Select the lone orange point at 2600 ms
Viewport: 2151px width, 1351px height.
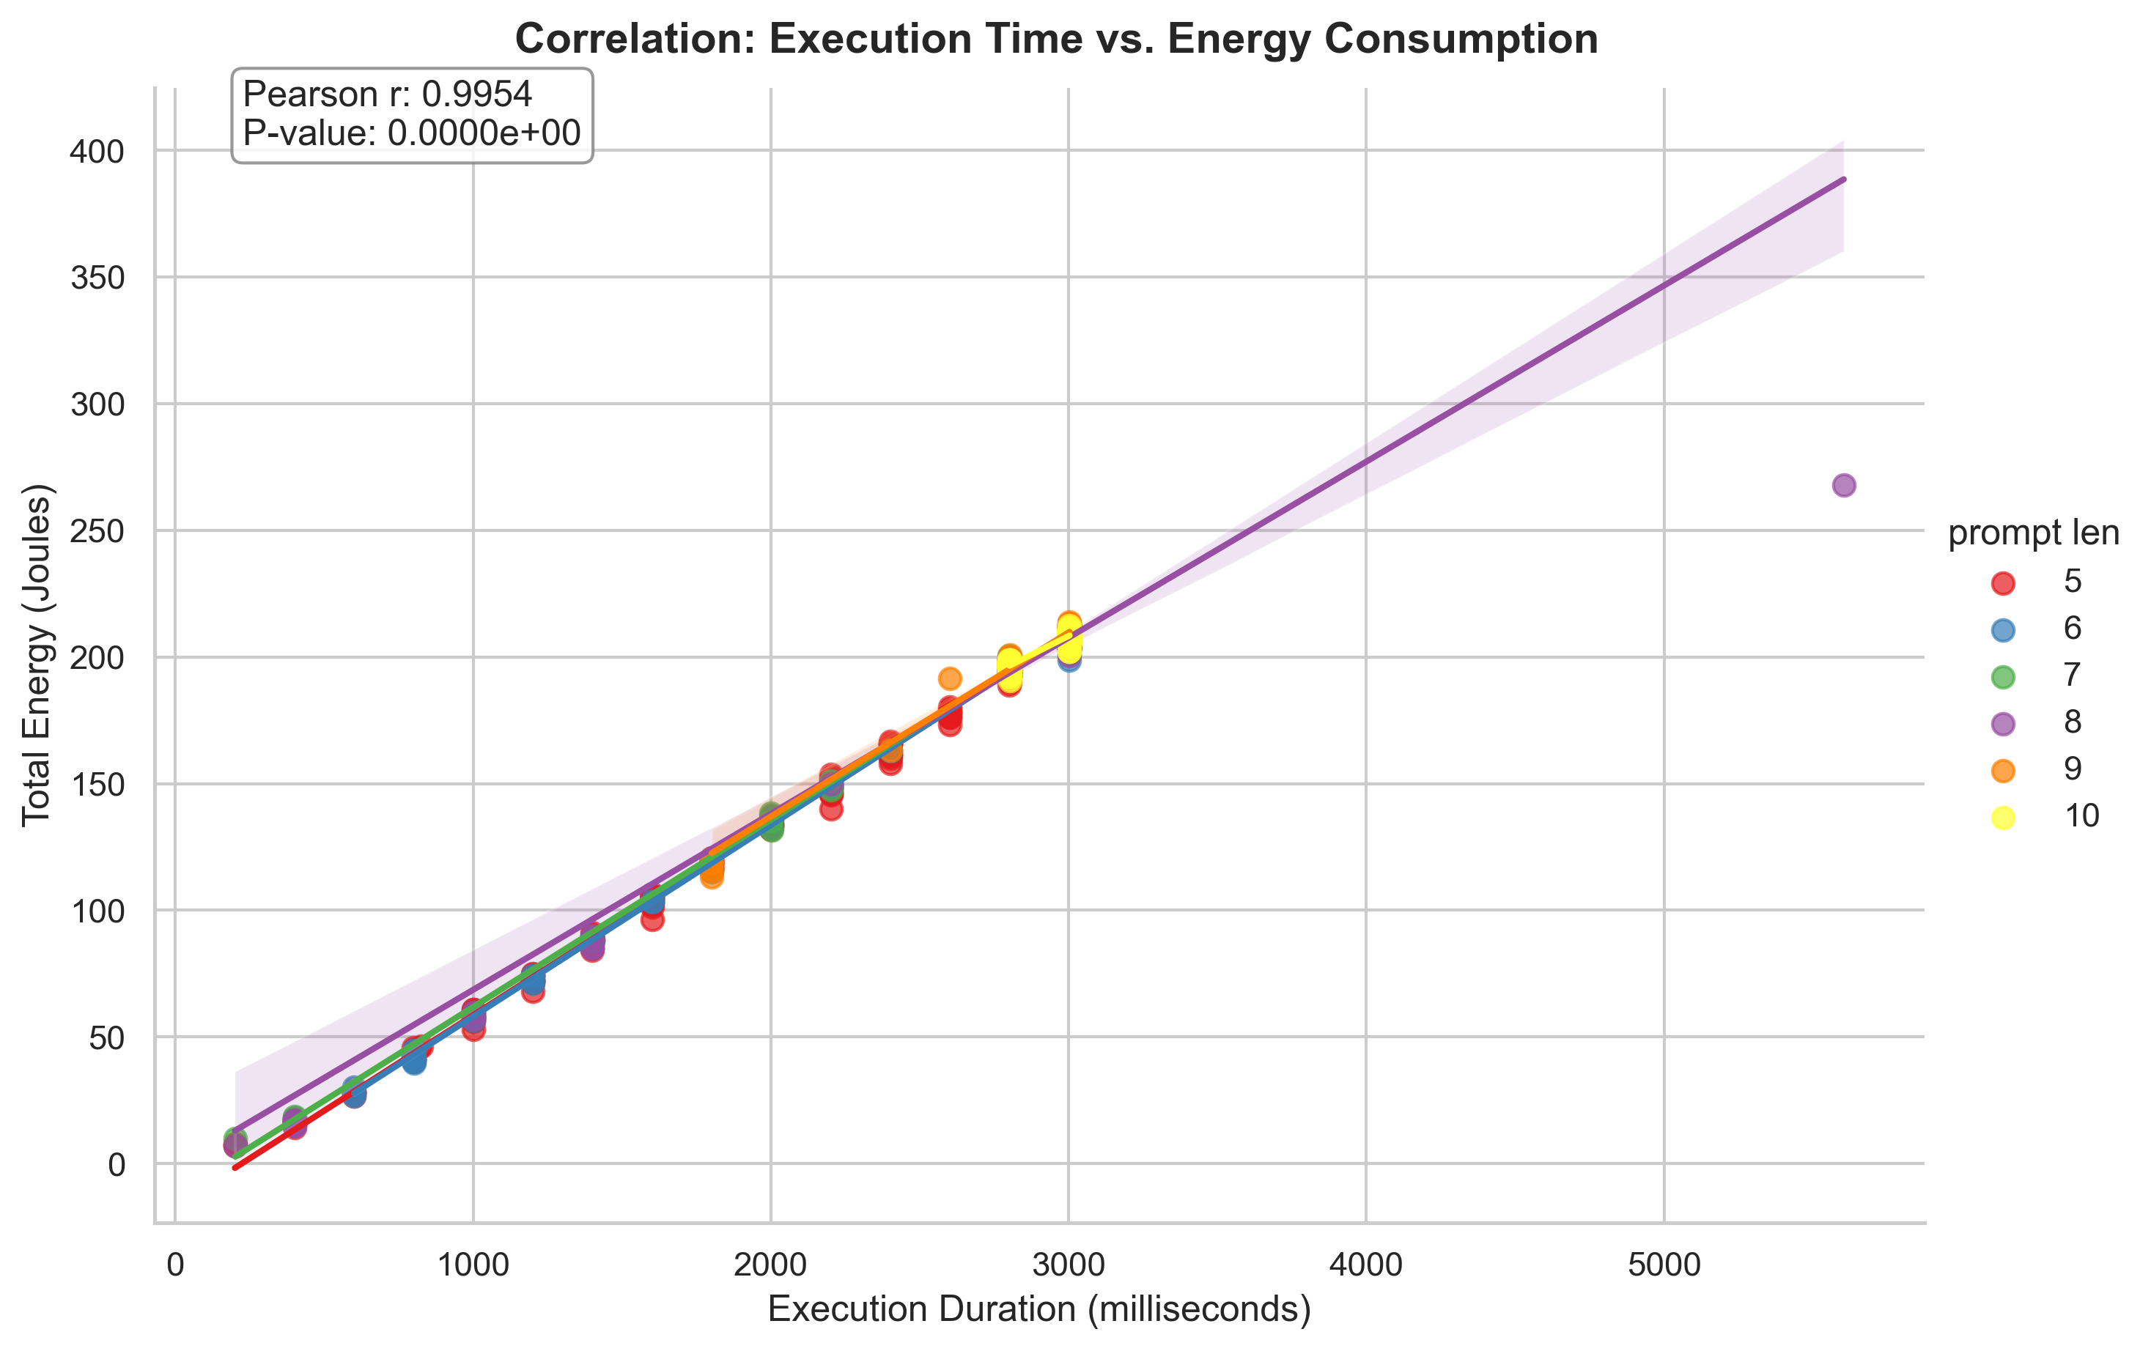tap(950, 678)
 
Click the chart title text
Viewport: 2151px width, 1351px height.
tap(1056, 40)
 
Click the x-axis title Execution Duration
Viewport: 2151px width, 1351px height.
tap(1039, 1309)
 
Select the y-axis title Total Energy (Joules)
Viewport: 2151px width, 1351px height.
tap(37, 656)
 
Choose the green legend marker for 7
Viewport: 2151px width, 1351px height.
tap(2004, 677)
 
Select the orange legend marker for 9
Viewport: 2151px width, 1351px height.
tap(2004, 771)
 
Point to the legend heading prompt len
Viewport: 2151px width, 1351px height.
tap(2033, 534)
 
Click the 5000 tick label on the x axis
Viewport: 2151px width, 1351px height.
tap(1664, 1266)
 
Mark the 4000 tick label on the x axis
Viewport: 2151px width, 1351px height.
tap(1366, 1266)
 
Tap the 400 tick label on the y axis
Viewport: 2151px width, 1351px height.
tap(97, 152)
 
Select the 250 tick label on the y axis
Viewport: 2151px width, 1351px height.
tap(97, 531)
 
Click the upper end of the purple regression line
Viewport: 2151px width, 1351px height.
tap(1842, 180)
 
